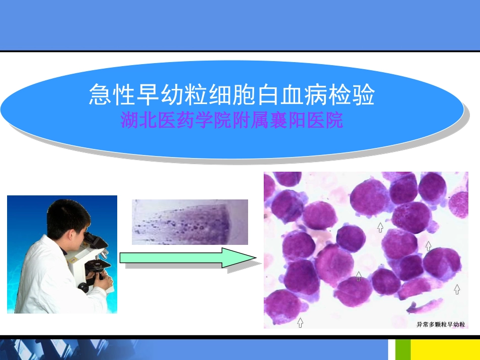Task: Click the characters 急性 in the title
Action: pyautogui.click(x=107, y=95)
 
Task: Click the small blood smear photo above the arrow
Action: pyautogui.click(x=189, y=222)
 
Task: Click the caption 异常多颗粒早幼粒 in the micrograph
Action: pyautogui.click(x=440, y=323)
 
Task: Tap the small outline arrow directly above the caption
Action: pyautogui.click(x=457, y=289)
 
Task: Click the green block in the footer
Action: pyautogui.click(x=402, y=349)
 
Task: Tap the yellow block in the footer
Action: pyautogui.click(x=445, y=349)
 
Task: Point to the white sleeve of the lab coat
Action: pyautogui.click(x=40, y=283)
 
